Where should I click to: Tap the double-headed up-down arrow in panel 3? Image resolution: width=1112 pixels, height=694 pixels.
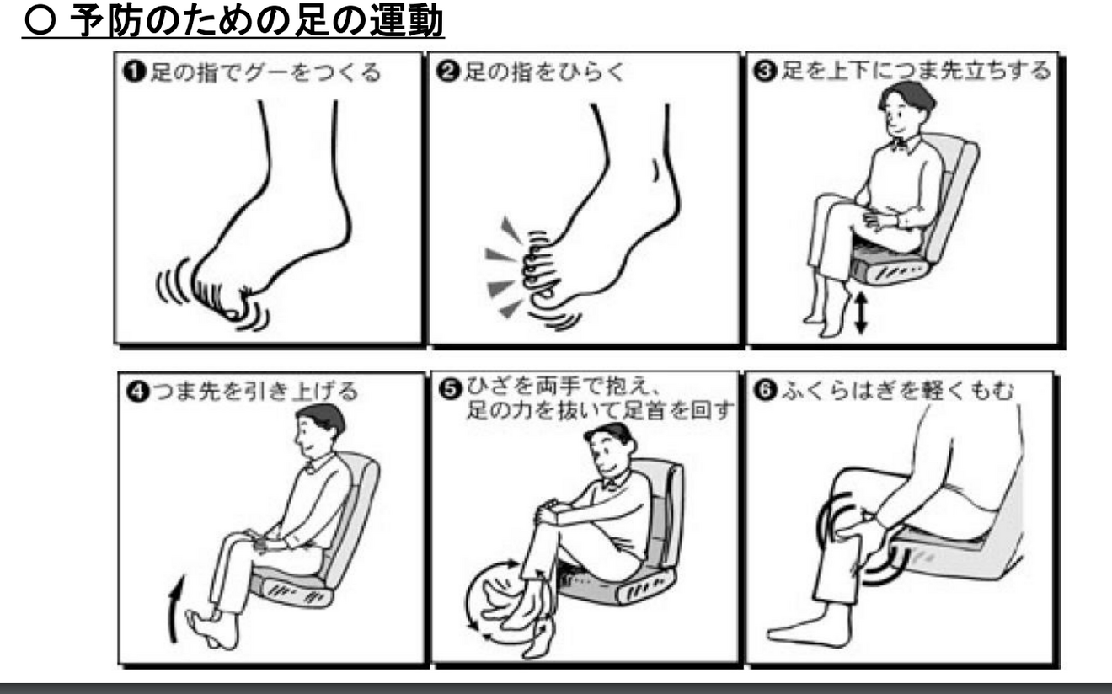pos(859,313)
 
